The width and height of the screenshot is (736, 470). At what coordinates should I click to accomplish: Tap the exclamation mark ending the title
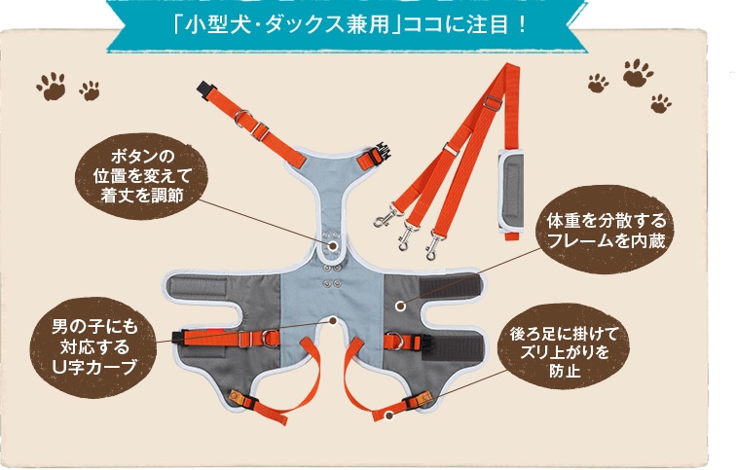[524, 25]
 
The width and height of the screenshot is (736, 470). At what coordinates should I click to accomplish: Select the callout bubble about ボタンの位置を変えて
[142, 176]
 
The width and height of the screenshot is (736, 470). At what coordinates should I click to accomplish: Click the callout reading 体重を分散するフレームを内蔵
[606, 230]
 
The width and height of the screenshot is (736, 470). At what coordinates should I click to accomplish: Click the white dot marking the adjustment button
[333, 245]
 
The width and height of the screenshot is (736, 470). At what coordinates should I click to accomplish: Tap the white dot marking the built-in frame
[400, 306]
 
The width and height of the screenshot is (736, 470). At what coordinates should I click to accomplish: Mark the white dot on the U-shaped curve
[333, 321]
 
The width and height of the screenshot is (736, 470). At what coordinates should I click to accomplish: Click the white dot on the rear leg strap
[388, 416]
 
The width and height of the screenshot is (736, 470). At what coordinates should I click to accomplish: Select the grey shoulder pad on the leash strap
[511, 192]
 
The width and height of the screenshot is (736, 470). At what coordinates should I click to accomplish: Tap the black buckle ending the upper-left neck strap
[205, 89]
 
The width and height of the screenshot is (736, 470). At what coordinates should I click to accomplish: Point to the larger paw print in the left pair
[52, 86]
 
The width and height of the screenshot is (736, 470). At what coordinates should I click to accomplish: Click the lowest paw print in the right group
[661, 103]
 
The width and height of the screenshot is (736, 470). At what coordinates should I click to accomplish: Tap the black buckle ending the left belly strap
[177, 339]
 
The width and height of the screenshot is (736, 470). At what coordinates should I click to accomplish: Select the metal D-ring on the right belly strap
[393, 341]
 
